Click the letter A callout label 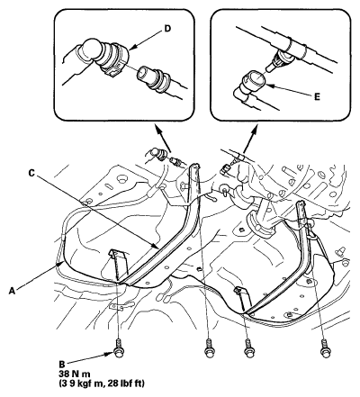12,291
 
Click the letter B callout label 62,365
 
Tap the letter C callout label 31,173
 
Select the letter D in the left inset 167,28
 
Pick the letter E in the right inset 317,97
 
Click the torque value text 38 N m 75,374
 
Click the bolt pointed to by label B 118,348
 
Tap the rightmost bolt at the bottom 324,348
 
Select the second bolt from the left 208,348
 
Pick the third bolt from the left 247,348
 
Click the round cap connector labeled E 255,80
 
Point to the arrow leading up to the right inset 249,139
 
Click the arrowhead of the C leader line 156,247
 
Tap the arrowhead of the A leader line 59,264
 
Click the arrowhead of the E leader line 267,86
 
